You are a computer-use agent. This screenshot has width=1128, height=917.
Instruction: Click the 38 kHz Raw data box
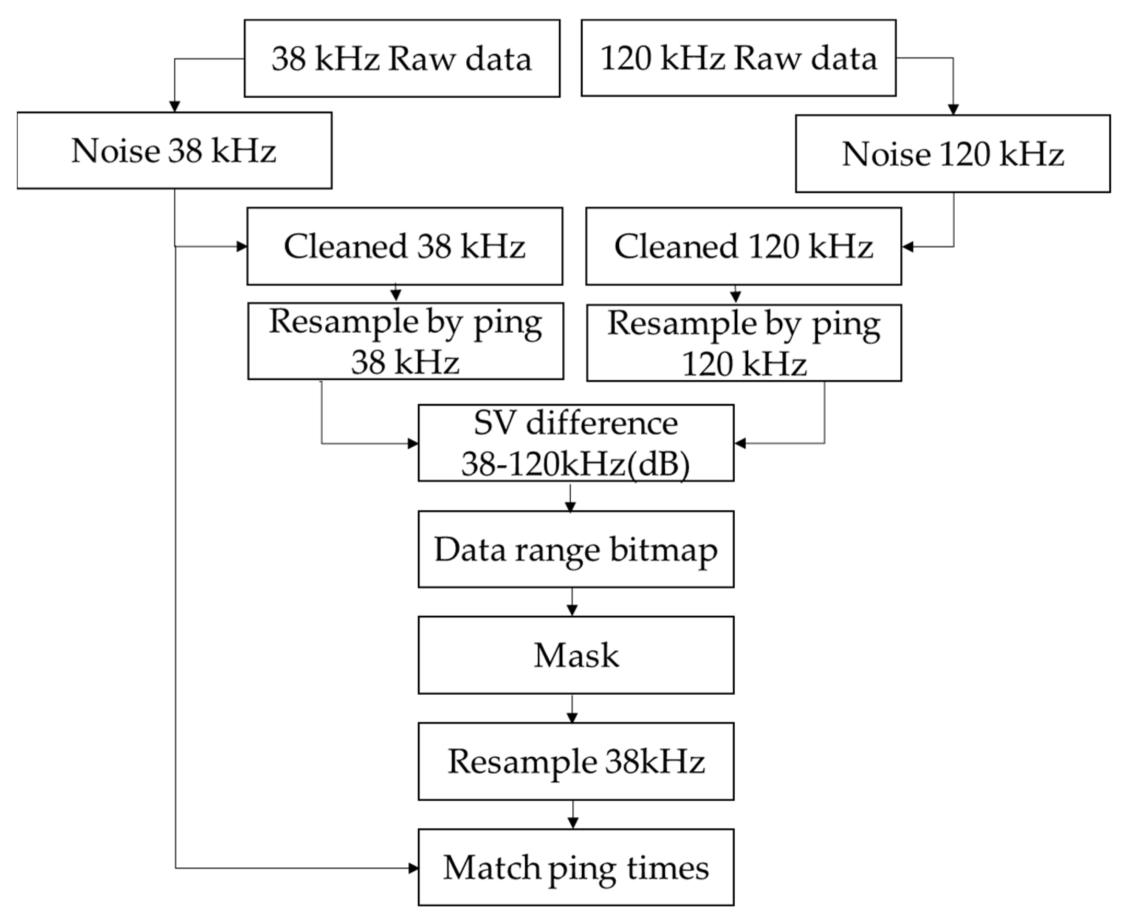[x=402, y=59]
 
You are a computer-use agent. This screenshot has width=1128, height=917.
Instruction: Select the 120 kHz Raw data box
[x=739, y=58]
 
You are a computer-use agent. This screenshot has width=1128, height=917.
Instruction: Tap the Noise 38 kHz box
[x=174, y=150]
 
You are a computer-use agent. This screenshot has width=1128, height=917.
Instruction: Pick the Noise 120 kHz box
[x=953, y=154]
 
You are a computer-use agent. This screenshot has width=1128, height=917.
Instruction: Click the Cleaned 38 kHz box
[x=405, y=246]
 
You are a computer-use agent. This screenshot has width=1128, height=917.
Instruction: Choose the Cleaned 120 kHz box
[x=743, y=246]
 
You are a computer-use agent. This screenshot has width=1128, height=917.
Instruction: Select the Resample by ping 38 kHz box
[x=406, y=341]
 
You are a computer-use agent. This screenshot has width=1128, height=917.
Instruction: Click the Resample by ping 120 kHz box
[x=744, y=343]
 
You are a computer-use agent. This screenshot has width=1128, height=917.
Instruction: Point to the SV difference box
[x=576, y=443]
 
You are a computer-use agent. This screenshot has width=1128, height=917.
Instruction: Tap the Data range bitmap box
[x=576, y=549]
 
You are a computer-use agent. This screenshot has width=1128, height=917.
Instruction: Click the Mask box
[x=576, y=655]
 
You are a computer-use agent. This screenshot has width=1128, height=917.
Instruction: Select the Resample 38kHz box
[x=576, y=761]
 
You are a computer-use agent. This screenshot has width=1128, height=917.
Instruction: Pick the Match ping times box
[x=576, y=867]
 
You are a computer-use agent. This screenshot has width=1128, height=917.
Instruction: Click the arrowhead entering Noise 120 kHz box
[x=953, y=109]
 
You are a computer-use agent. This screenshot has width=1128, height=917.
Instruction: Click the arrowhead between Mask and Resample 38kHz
[x=572, y=717]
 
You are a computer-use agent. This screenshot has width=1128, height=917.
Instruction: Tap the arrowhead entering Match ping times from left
[x=413, y=867]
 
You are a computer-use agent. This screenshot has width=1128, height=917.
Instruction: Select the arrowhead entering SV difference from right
[x=740, y=443]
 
